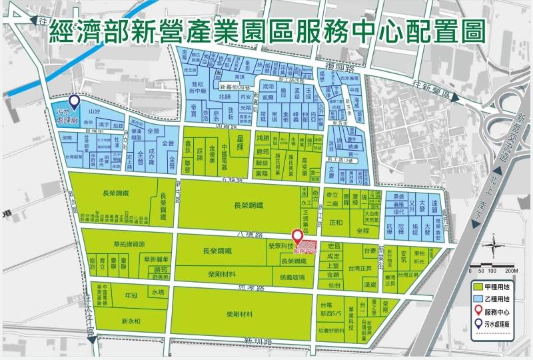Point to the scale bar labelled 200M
pos(493,270)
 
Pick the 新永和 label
pos(132,321)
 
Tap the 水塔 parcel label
pos(157,293)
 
